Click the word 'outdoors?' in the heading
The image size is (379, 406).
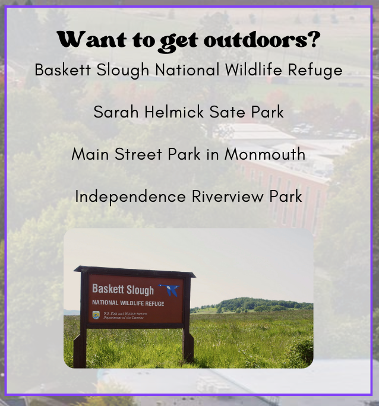pos(262,40)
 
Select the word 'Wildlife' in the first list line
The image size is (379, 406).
pos(253,69)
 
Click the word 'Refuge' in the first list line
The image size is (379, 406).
pos(315,71)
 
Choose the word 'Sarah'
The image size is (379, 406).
pos(116,112)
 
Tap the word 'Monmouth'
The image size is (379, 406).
pos(265,154)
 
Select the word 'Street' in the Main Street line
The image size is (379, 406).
pos(138,154)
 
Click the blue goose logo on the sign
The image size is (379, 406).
pos(169,290)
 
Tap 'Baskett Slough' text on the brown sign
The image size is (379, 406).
pos(123,289)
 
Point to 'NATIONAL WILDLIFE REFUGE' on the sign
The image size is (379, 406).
pos(128,303)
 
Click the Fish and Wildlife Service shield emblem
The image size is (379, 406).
pos(96,315)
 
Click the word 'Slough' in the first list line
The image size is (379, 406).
pos(123,71)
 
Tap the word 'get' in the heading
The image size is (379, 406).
pos(179,42)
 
